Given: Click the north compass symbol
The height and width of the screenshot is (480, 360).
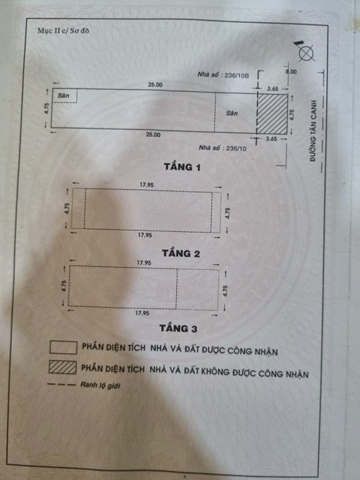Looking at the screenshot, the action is pyautogui.click(x=306, y=52).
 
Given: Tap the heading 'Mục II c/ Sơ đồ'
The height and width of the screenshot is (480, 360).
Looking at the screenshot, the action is pyautogui.click(x=63, y=31).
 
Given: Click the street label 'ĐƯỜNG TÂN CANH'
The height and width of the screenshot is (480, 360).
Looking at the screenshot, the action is pyautogui.click(x=312, y=131).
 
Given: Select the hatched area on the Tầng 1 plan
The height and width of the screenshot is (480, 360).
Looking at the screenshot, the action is pyautogui.click(x=272, y=114).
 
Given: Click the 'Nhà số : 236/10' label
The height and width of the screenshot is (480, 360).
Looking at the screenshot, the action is pyautogui.click(x=222, y=148).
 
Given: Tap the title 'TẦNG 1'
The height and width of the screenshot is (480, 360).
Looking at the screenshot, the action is pyautogui.click(x=182, y=167).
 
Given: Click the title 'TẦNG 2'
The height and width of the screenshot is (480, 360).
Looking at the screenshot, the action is pyautogui.click(x=181, y=254).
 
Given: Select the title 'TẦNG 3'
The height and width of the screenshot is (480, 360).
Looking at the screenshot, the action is pyautogui.click(x=179, y=329).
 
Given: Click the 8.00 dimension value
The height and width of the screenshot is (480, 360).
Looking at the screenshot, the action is pyautogui.click(x=291, y=72).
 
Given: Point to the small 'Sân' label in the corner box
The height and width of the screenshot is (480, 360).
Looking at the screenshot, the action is pyautogui.click(x=63, y=96).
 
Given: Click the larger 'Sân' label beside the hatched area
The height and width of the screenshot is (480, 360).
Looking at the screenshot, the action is pyautogui.click(x=232, y=113).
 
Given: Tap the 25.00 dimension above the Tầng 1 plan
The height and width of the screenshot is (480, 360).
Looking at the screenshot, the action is pyautogui.click(x=156, y=85).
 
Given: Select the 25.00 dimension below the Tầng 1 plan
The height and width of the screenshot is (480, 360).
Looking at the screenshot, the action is pyautogui.click(x=153, y=135).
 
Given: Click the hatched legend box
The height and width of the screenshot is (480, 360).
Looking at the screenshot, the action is pyautogui.click(x=62, y=367).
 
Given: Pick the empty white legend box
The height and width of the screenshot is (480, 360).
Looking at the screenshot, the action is pyautogui.click(x=63, y=347).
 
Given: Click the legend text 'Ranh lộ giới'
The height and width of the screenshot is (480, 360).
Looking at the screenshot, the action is pyautogui.click(x=101, y=385).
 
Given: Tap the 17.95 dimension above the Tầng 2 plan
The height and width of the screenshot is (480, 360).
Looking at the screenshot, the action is pyautogui.click(x=147, y=185).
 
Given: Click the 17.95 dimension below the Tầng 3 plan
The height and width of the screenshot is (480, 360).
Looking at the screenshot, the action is pyautogui.click(x=142, y=313).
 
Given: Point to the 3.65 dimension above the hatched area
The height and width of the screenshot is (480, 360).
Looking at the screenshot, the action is pyautogui.click(x=272, y=89).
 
